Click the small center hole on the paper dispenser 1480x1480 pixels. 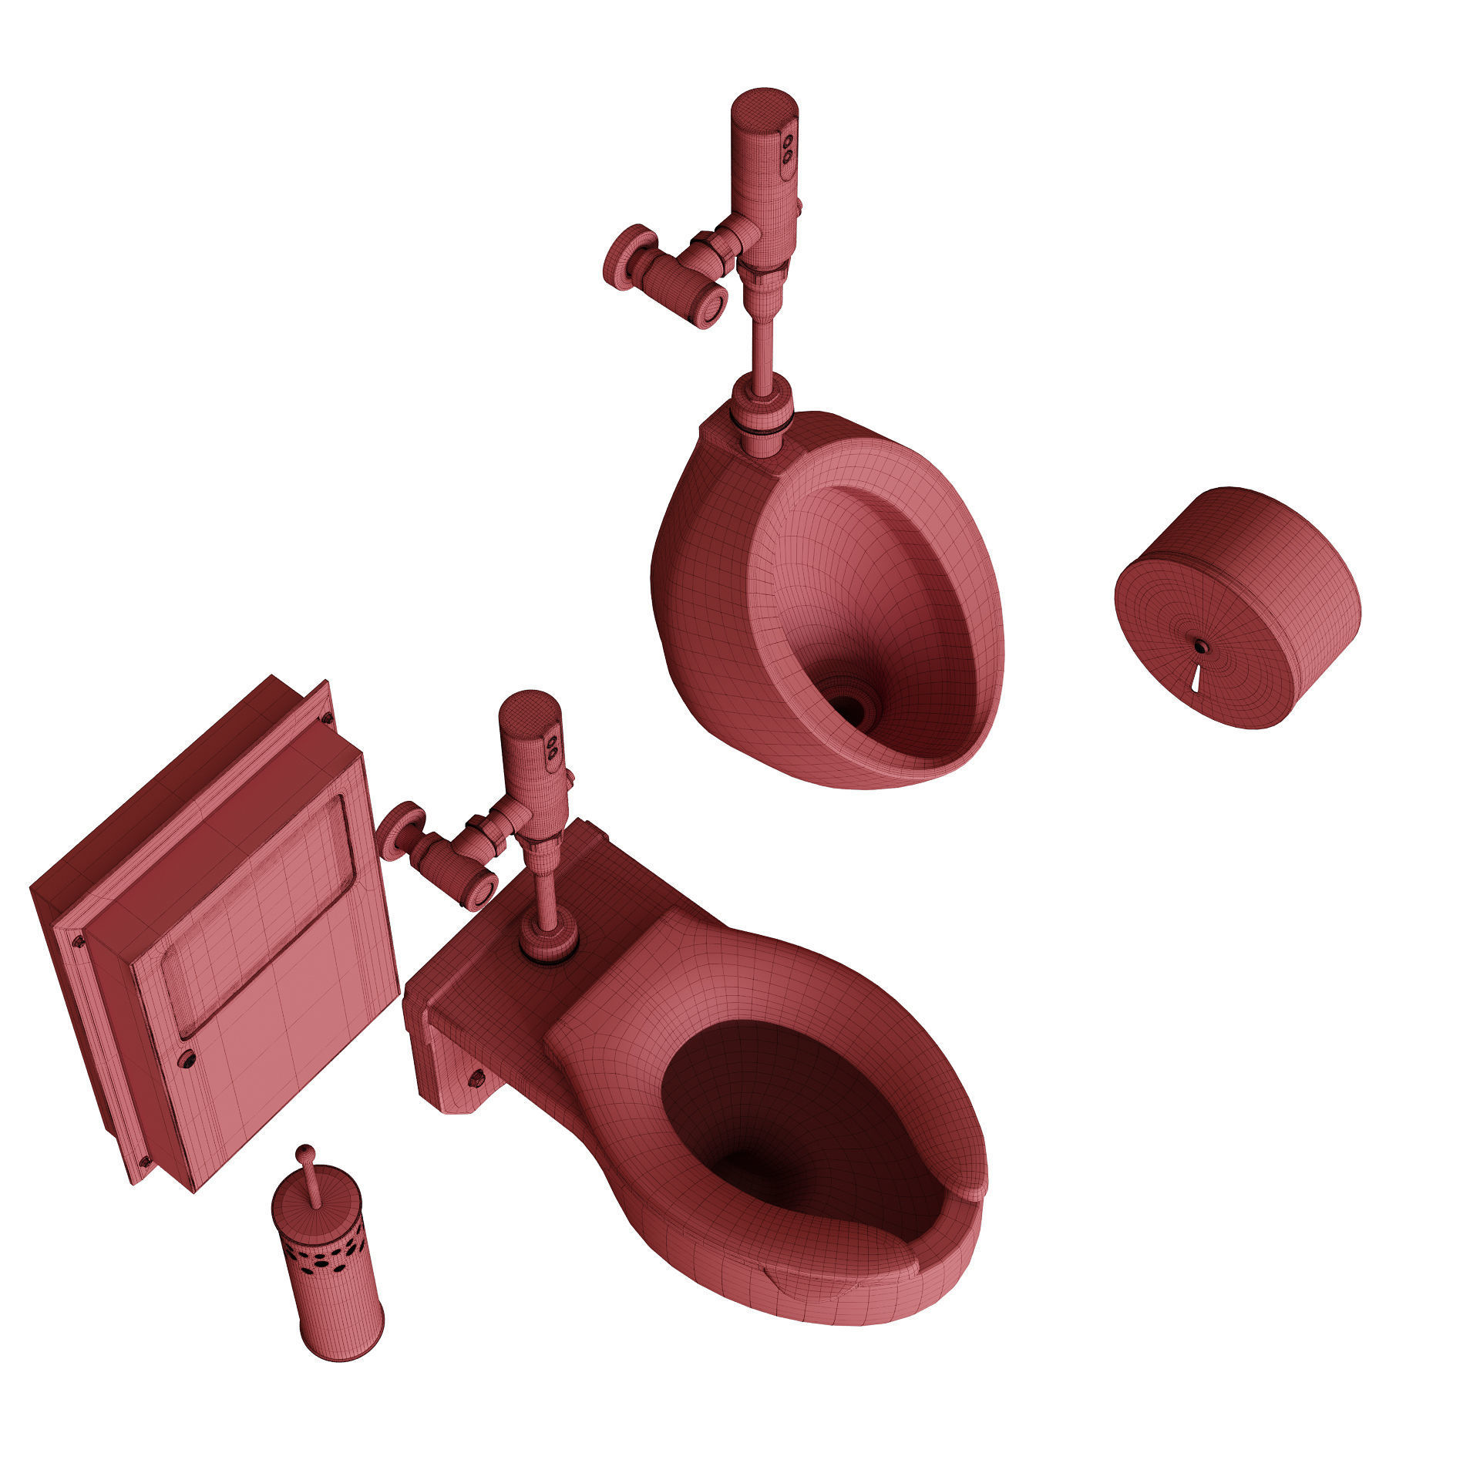pyautogui.click(x=1199, y=644)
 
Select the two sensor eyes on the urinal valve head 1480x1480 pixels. pyautogui.click(x=788, y=148)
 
